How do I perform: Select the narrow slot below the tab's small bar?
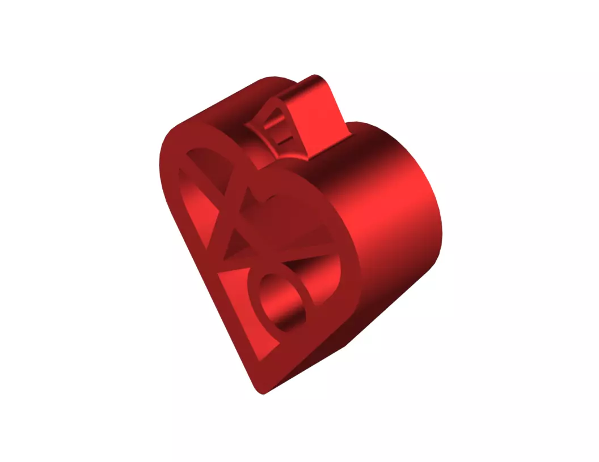pyautogui.click(x=282, y=136)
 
